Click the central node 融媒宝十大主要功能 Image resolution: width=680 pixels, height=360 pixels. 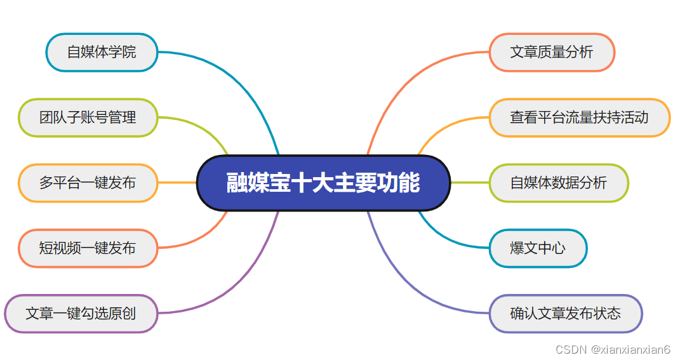click(x=323, y=183)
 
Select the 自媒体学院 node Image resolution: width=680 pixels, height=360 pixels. click(x=102, y=52)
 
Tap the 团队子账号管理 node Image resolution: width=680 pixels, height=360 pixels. click(x=88, y=117)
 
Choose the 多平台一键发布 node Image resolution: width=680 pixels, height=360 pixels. click(x=88, y=183)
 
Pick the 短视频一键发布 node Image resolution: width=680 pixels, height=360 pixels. click(x=88, y=248)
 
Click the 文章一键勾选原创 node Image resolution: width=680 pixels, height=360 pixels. click(x=81, y=314)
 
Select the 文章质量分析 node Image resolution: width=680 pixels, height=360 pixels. click(x=551, y=52)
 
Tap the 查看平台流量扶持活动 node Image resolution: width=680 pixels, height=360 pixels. click(x=579, y=117)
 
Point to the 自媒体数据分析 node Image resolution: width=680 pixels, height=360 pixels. click(x=559, y=183)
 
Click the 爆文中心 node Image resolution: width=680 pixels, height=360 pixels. click(x=538, y=248)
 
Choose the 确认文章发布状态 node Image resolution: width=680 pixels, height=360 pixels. click(x=566, y=314)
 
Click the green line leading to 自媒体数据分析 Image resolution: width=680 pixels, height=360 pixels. click(x=470, y=183)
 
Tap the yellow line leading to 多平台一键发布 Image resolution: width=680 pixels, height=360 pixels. click(x=177, y=183)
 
